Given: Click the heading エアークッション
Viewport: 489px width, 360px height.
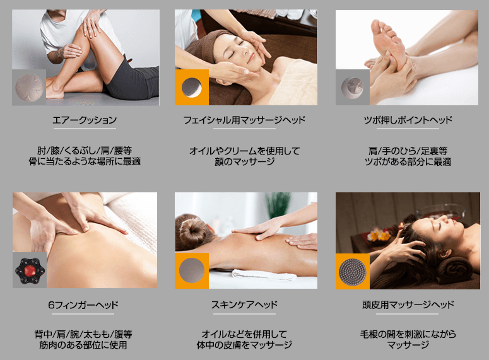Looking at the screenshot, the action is click(x=85, y=120).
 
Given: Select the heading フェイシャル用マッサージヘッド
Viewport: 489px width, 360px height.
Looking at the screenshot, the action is click(x=244, y=120).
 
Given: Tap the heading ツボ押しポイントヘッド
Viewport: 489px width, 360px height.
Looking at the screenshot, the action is click(x=408, y=120).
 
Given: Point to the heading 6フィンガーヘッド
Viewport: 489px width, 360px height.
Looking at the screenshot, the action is click(x=83, y=305).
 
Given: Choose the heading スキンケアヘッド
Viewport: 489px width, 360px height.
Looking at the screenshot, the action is click(x=244, y=305).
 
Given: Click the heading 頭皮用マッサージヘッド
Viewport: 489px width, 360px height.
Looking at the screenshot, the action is click(x=408, y=305).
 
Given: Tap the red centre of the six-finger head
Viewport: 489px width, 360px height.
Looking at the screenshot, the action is click(x=30, y=270).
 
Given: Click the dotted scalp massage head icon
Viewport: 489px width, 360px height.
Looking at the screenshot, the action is click(x=353, y=272).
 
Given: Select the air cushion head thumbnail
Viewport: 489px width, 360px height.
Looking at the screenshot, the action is click(x=29, y=88).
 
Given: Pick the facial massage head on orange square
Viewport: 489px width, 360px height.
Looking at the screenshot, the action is click(x=191, y=87).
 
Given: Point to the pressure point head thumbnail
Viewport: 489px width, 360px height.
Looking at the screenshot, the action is click(x=353, y=87).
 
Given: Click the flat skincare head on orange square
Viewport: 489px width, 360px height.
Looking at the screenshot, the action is click(x=191, y=270).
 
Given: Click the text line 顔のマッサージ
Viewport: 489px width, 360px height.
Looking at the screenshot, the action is click(x=245, y=162).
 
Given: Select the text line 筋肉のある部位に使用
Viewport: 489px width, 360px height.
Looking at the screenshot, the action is click(x=83, y=345).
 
